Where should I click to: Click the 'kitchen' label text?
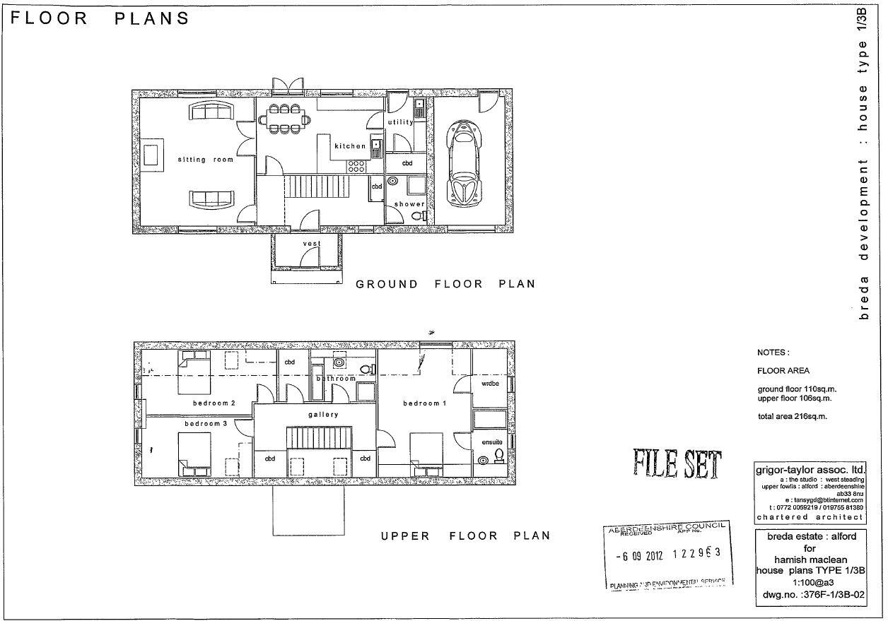click(351, 146)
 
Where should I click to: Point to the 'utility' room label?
click(401, 122)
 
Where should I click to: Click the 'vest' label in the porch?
click(312, 244)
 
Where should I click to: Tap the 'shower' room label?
click(409, 204)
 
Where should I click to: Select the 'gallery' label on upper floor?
click(323, 415)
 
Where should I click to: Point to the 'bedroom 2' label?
click(214, 403)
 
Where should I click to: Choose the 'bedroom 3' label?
click(206, 423)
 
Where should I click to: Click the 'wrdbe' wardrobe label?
click(491, 384)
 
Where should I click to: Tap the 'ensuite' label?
click(492, 442)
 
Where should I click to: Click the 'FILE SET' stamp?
click(677, 464)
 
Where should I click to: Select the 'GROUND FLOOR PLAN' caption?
click(445, 284)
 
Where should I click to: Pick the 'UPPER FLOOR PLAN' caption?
click(466, 536)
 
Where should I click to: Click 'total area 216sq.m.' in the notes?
click(792, 416)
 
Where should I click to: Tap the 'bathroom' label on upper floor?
click(336, 379)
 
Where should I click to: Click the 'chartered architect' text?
click(810, 517)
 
